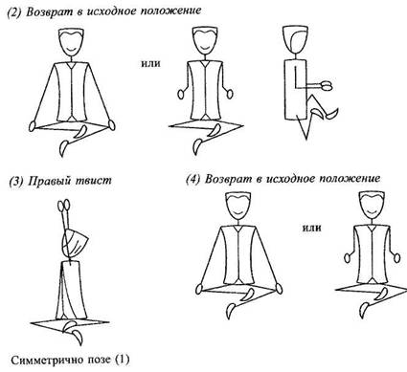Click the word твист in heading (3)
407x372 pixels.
click(94, 181)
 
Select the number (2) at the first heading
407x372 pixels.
click(14, 12)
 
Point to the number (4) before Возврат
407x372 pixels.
click(193, 179)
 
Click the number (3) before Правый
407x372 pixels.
click(16, 181)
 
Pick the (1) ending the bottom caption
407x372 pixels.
click(123, 361)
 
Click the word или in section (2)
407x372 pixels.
click(150, 64)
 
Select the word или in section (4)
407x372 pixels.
click(311, 229)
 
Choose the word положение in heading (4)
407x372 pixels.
click(350, 179)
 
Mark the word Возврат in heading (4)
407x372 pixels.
click(225, 179)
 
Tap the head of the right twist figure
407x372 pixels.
click(74, 242)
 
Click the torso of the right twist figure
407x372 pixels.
click(72, 290)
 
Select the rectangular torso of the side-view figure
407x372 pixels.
click(295, 89)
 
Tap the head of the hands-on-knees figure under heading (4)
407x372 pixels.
click(237, 206)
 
